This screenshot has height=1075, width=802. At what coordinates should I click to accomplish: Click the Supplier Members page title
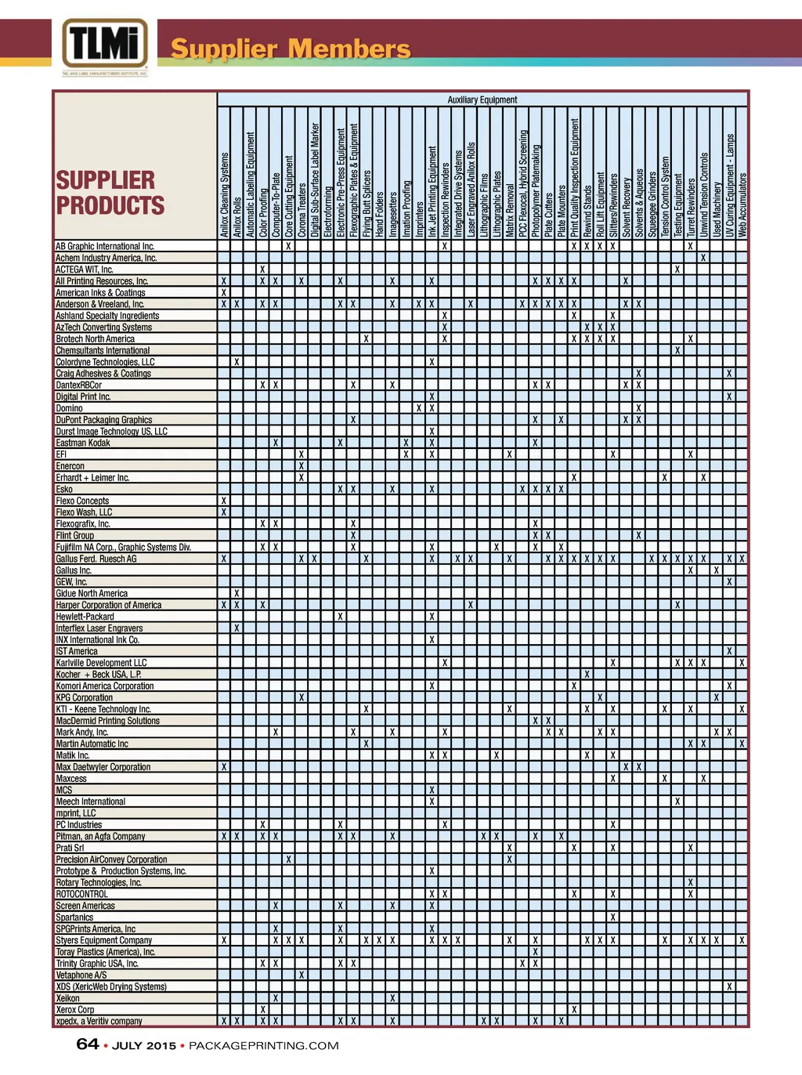pyautogui.click(x=291, y=49)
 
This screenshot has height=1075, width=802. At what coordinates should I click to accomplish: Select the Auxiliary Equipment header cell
pyautogui.click(x=482, y=100)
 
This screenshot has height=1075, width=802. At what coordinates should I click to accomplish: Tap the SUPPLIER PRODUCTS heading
pyautogui.click(x=110, y=193)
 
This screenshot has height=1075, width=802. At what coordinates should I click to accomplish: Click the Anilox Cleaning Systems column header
pyautogui.click(x=224, y=194)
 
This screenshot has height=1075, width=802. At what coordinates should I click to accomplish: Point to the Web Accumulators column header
pyautogui.click(x=742, y=205)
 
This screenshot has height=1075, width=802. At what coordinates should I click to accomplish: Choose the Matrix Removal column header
pyautogui.click(x=509, y=210)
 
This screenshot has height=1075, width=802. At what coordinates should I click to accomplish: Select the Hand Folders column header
pyautogui.click(x=379, y=214)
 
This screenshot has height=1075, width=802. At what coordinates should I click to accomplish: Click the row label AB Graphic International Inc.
pyautogui.click(x=105, y=246)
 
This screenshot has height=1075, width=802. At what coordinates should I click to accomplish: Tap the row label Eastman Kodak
pyautogui.click(x=83, y=443)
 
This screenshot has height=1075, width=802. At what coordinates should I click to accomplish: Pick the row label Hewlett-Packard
pyautogui.click(x=85, y=617)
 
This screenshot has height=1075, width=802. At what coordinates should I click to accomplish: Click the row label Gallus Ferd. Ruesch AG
pyautogui.click(x=96, y=559)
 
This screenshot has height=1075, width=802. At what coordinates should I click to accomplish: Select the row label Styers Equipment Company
pyautogui.click(x=104, y=940)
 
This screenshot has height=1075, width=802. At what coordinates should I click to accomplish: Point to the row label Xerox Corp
pyautogui.click(x=75, y=1010)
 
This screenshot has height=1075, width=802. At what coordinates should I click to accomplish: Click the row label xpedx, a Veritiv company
pyautogui.click(x=99, y=1021)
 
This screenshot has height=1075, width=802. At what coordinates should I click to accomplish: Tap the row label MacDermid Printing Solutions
pyautogui.click(x=107, y=721)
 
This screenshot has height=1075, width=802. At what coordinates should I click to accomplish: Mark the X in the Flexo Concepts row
pyautogui.click(x=224, y=501)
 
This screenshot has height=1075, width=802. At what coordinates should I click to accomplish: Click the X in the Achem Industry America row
pyautogui.click(x=703, y=258)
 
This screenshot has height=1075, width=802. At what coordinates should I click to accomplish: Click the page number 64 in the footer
pyautogui.click(x=87, y=1044)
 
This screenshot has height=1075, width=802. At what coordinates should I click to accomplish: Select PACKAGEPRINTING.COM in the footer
pyautogui.click(x=264, y=1045)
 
